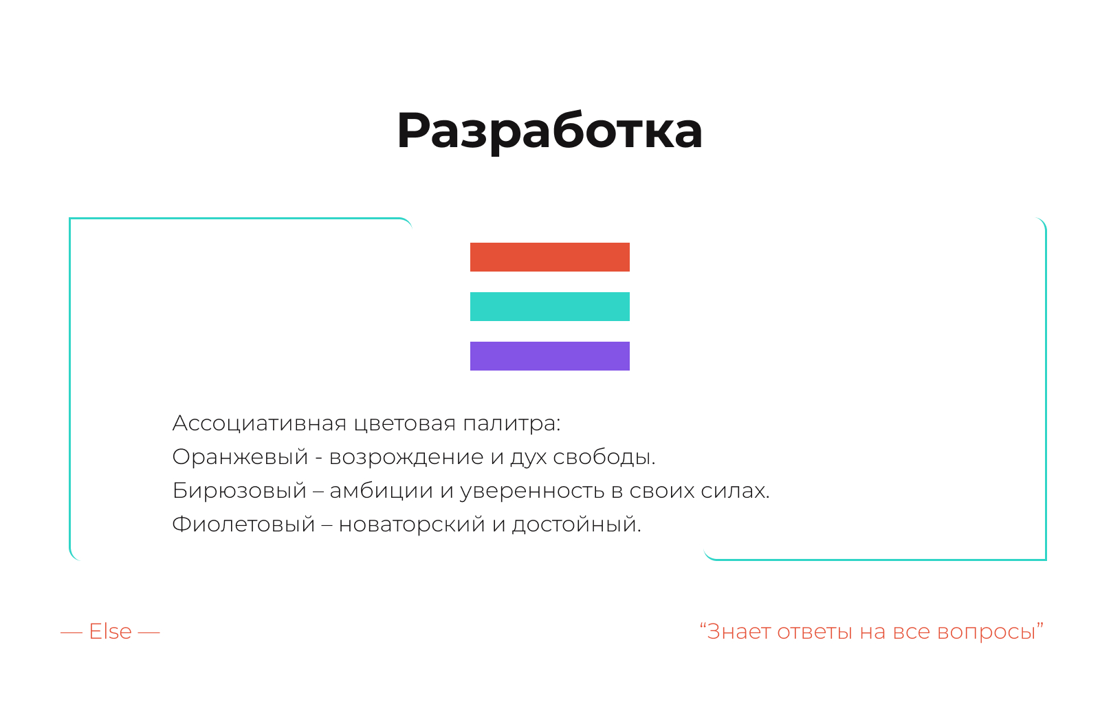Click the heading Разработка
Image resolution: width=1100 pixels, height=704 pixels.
[x=549, y=131]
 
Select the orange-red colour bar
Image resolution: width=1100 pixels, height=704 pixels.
[x=549, y=256]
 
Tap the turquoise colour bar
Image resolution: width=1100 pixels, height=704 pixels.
[x=549, y=307]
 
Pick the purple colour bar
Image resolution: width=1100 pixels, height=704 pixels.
[x=549, y=356]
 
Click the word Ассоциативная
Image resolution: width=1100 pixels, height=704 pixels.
[x=259, y=423]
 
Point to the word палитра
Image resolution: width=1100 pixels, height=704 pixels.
[x=511, y=423]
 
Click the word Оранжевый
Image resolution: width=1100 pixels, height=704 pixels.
[x=240, y=457]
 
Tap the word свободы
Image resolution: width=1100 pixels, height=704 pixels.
[x=604, y=457]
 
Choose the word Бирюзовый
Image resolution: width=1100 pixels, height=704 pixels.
[x=239, y=491]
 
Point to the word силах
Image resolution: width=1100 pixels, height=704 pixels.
[x=735, y=491]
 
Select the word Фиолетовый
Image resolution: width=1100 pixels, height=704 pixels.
[x=243, y=525]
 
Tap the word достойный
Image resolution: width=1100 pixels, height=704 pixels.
[x=577, y=525]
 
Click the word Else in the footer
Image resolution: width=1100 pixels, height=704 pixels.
[x=110, y=631]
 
